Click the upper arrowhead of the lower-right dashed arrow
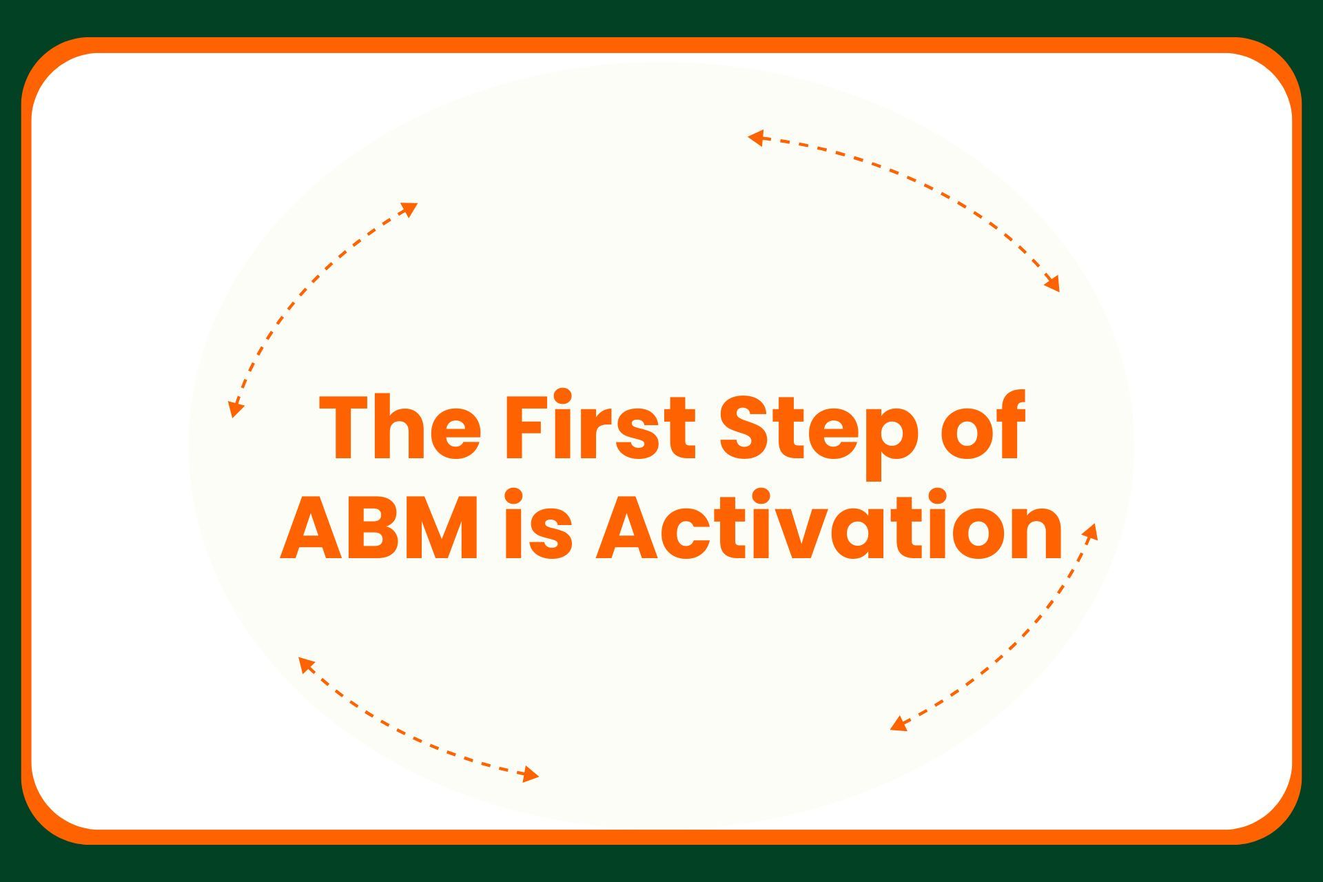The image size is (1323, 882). click(x=1091, y=531)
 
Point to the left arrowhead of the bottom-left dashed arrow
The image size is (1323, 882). click(x=305, y=664)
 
